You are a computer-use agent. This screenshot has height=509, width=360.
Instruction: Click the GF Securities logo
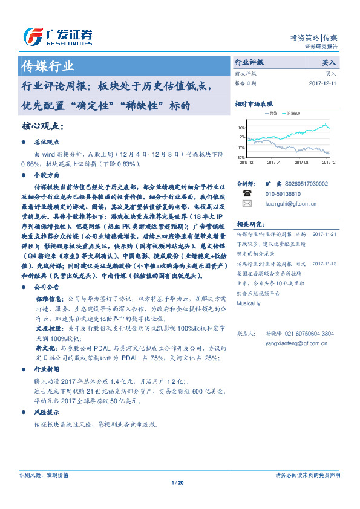(x=57, y=37)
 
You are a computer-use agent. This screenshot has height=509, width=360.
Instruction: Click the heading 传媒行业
(x=48, y=66)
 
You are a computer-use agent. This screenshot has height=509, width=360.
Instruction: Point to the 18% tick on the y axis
(x=241, y=128)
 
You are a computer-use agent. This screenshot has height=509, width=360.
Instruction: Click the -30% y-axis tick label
(x=240, y=157)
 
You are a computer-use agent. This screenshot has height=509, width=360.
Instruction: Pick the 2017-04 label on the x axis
(x=273, y=162)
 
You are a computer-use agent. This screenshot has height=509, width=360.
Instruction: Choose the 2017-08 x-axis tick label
(x=301, y=162)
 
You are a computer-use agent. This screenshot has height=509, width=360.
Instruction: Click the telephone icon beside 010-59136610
(x=247, y=193)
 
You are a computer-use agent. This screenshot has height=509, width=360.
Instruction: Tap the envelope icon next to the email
(x=247, y=204)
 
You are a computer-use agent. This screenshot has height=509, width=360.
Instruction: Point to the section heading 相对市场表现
(x=254, y=104)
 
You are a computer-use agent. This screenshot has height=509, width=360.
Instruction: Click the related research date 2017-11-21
(x=325, y=233)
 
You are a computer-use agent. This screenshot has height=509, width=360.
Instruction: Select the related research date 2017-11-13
(x=325, y=264)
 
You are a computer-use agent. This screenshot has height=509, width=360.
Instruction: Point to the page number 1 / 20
(x=177, y=482)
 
